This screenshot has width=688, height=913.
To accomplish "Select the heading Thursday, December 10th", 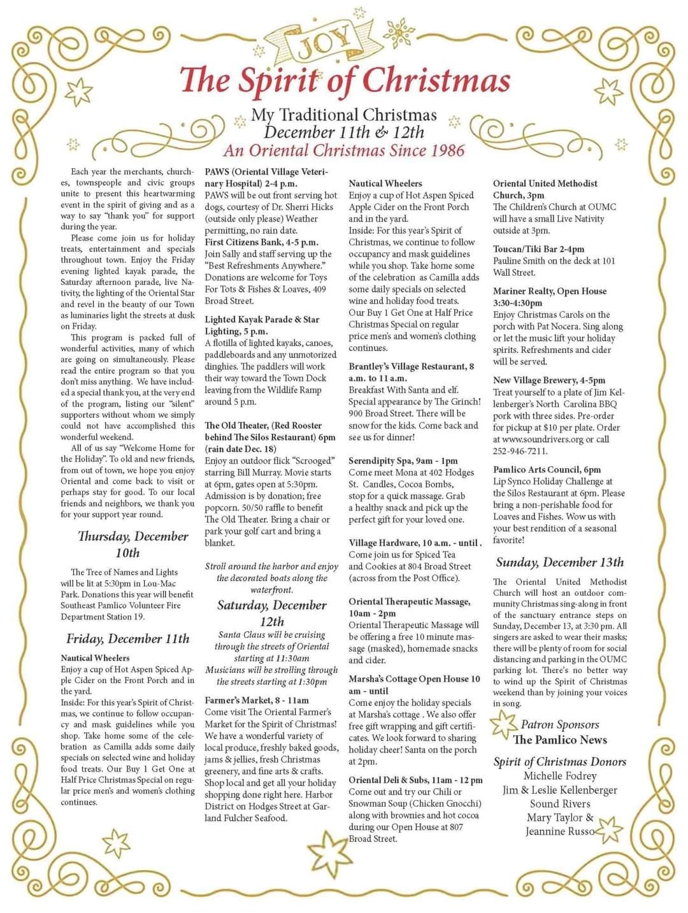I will point(133,544).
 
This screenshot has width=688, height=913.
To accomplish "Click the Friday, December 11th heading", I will point(127,638).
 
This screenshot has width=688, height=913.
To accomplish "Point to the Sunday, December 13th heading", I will point(559,562).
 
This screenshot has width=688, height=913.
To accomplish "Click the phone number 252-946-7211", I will point(520,451).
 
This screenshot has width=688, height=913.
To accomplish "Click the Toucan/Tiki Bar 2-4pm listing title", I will point(538,249).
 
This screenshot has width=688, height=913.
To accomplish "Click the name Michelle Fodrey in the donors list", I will point(560,776).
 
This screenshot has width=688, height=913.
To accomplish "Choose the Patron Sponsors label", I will point(560,724).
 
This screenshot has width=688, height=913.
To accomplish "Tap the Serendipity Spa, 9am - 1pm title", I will point(403,461).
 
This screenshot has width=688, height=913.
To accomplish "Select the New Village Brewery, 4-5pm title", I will point(548,380).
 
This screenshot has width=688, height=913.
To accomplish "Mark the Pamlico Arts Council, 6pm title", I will point(547,470).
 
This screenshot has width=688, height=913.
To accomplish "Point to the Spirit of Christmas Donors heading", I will point(559,761).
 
